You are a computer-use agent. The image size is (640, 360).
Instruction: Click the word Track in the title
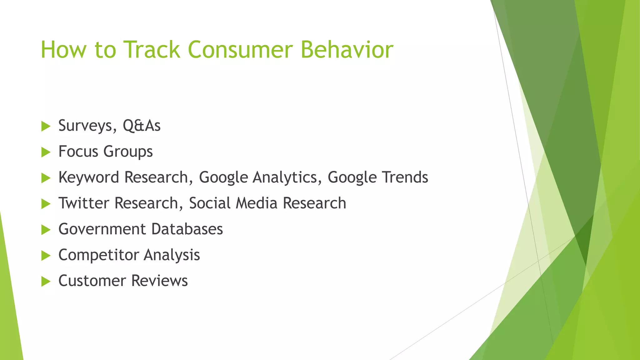point(152,49)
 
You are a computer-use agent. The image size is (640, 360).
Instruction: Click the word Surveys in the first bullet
point(85,126)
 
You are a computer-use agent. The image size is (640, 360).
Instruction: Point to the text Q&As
point(142,126)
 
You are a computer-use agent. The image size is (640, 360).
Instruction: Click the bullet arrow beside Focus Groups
point(46,152)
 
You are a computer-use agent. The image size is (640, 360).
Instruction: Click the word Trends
point(405,177)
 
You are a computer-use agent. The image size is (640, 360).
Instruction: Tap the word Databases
point(187,229)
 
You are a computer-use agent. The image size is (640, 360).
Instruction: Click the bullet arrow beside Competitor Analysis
point(46,256)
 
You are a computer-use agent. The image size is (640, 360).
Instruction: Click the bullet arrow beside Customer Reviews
point(46,282)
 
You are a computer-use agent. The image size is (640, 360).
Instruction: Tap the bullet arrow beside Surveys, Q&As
point(46,127)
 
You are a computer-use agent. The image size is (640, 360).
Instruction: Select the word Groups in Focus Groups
point(128,152)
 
